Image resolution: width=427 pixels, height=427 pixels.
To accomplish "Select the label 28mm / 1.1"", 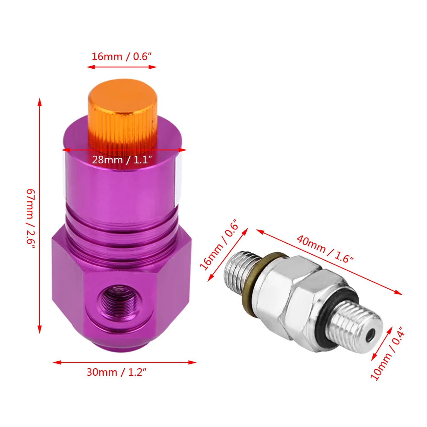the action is click(x=122, y=160).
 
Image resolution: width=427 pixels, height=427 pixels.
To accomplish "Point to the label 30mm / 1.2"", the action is click(x=116, y=372).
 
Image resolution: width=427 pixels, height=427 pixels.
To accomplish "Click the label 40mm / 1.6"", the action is click(x=325, y=248).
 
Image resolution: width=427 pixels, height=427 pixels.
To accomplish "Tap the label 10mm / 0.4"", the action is click(x=387, y=354).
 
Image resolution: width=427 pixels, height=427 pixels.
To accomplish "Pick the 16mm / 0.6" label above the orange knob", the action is click(x=122, y=56).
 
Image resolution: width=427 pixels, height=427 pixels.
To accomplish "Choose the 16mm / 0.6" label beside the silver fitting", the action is click(x=219, y=244).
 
